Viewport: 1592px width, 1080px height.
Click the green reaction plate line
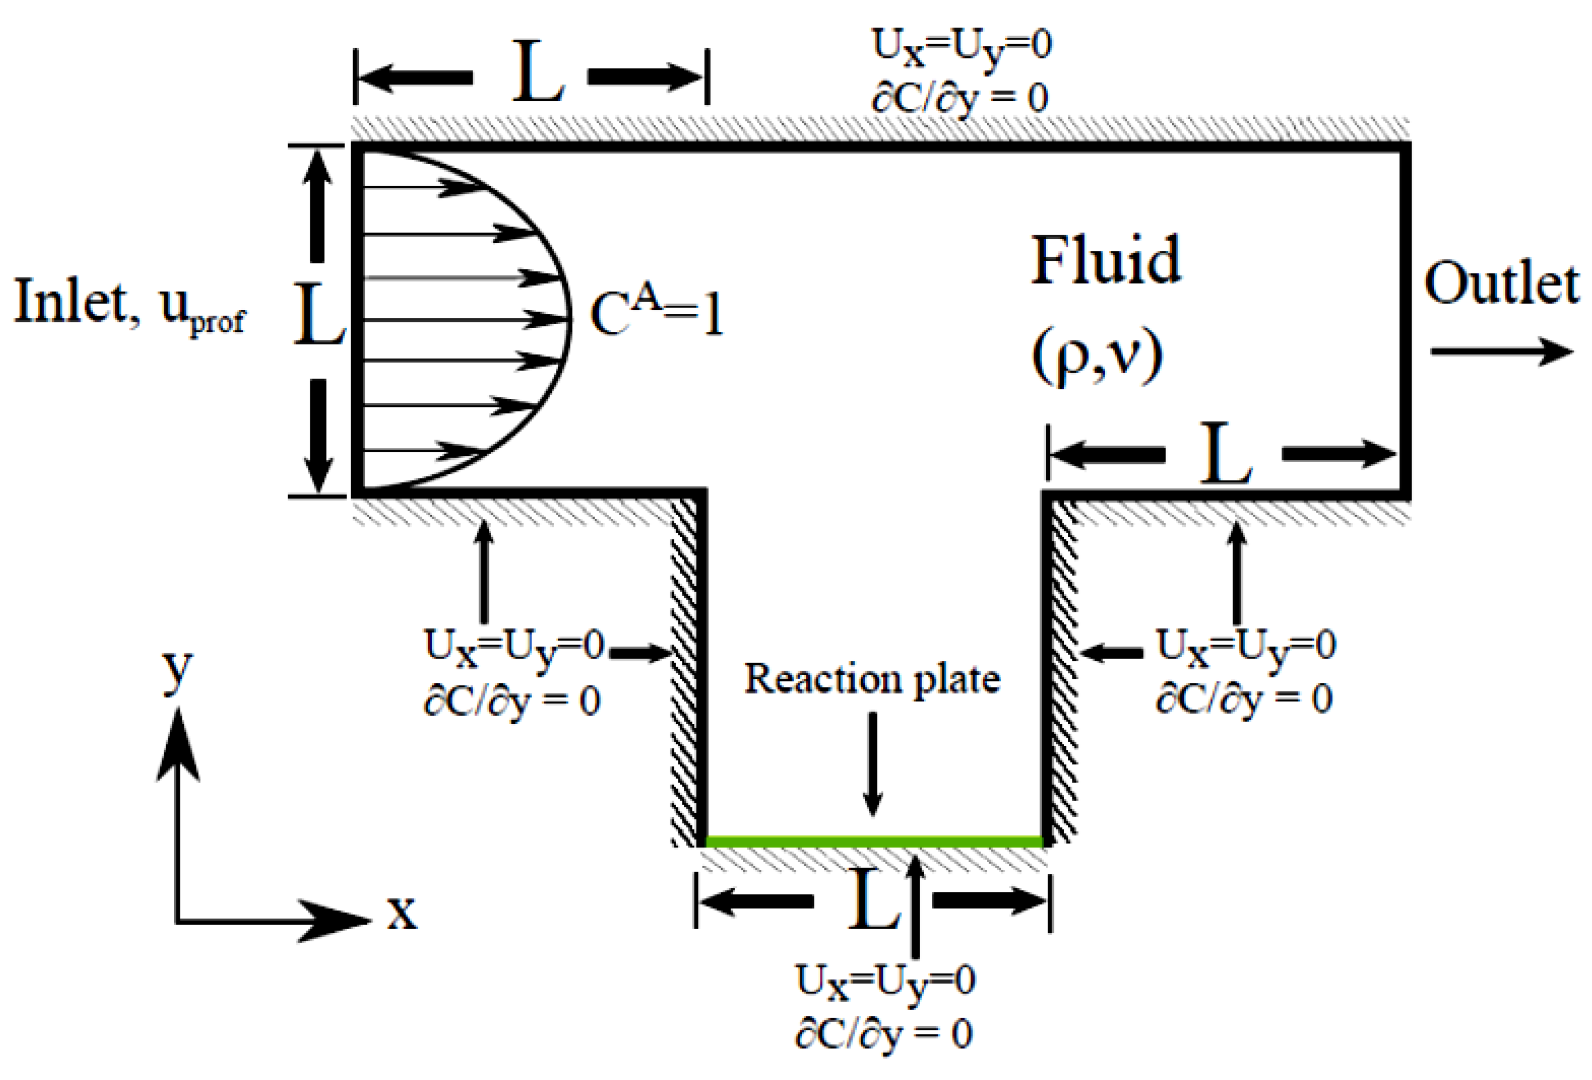pyautogui.click(x=874, y=840)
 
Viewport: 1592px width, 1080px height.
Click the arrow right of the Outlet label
pyautogui.click(x=1500, y=351)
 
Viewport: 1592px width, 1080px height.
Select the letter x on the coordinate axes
pyautogui.click(x=401, y=913)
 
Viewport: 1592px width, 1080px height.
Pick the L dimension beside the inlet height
pyautogui.click(x=318, y=317)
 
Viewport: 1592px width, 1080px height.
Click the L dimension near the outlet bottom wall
pyautogui.click(x=1226, y=454)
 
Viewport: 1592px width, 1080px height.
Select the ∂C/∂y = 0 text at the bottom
pyautogui.click(x=884, y=1035)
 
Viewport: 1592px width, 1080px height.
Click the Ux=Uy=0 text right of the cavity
pyautogui.click(x=1245, y=646)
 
